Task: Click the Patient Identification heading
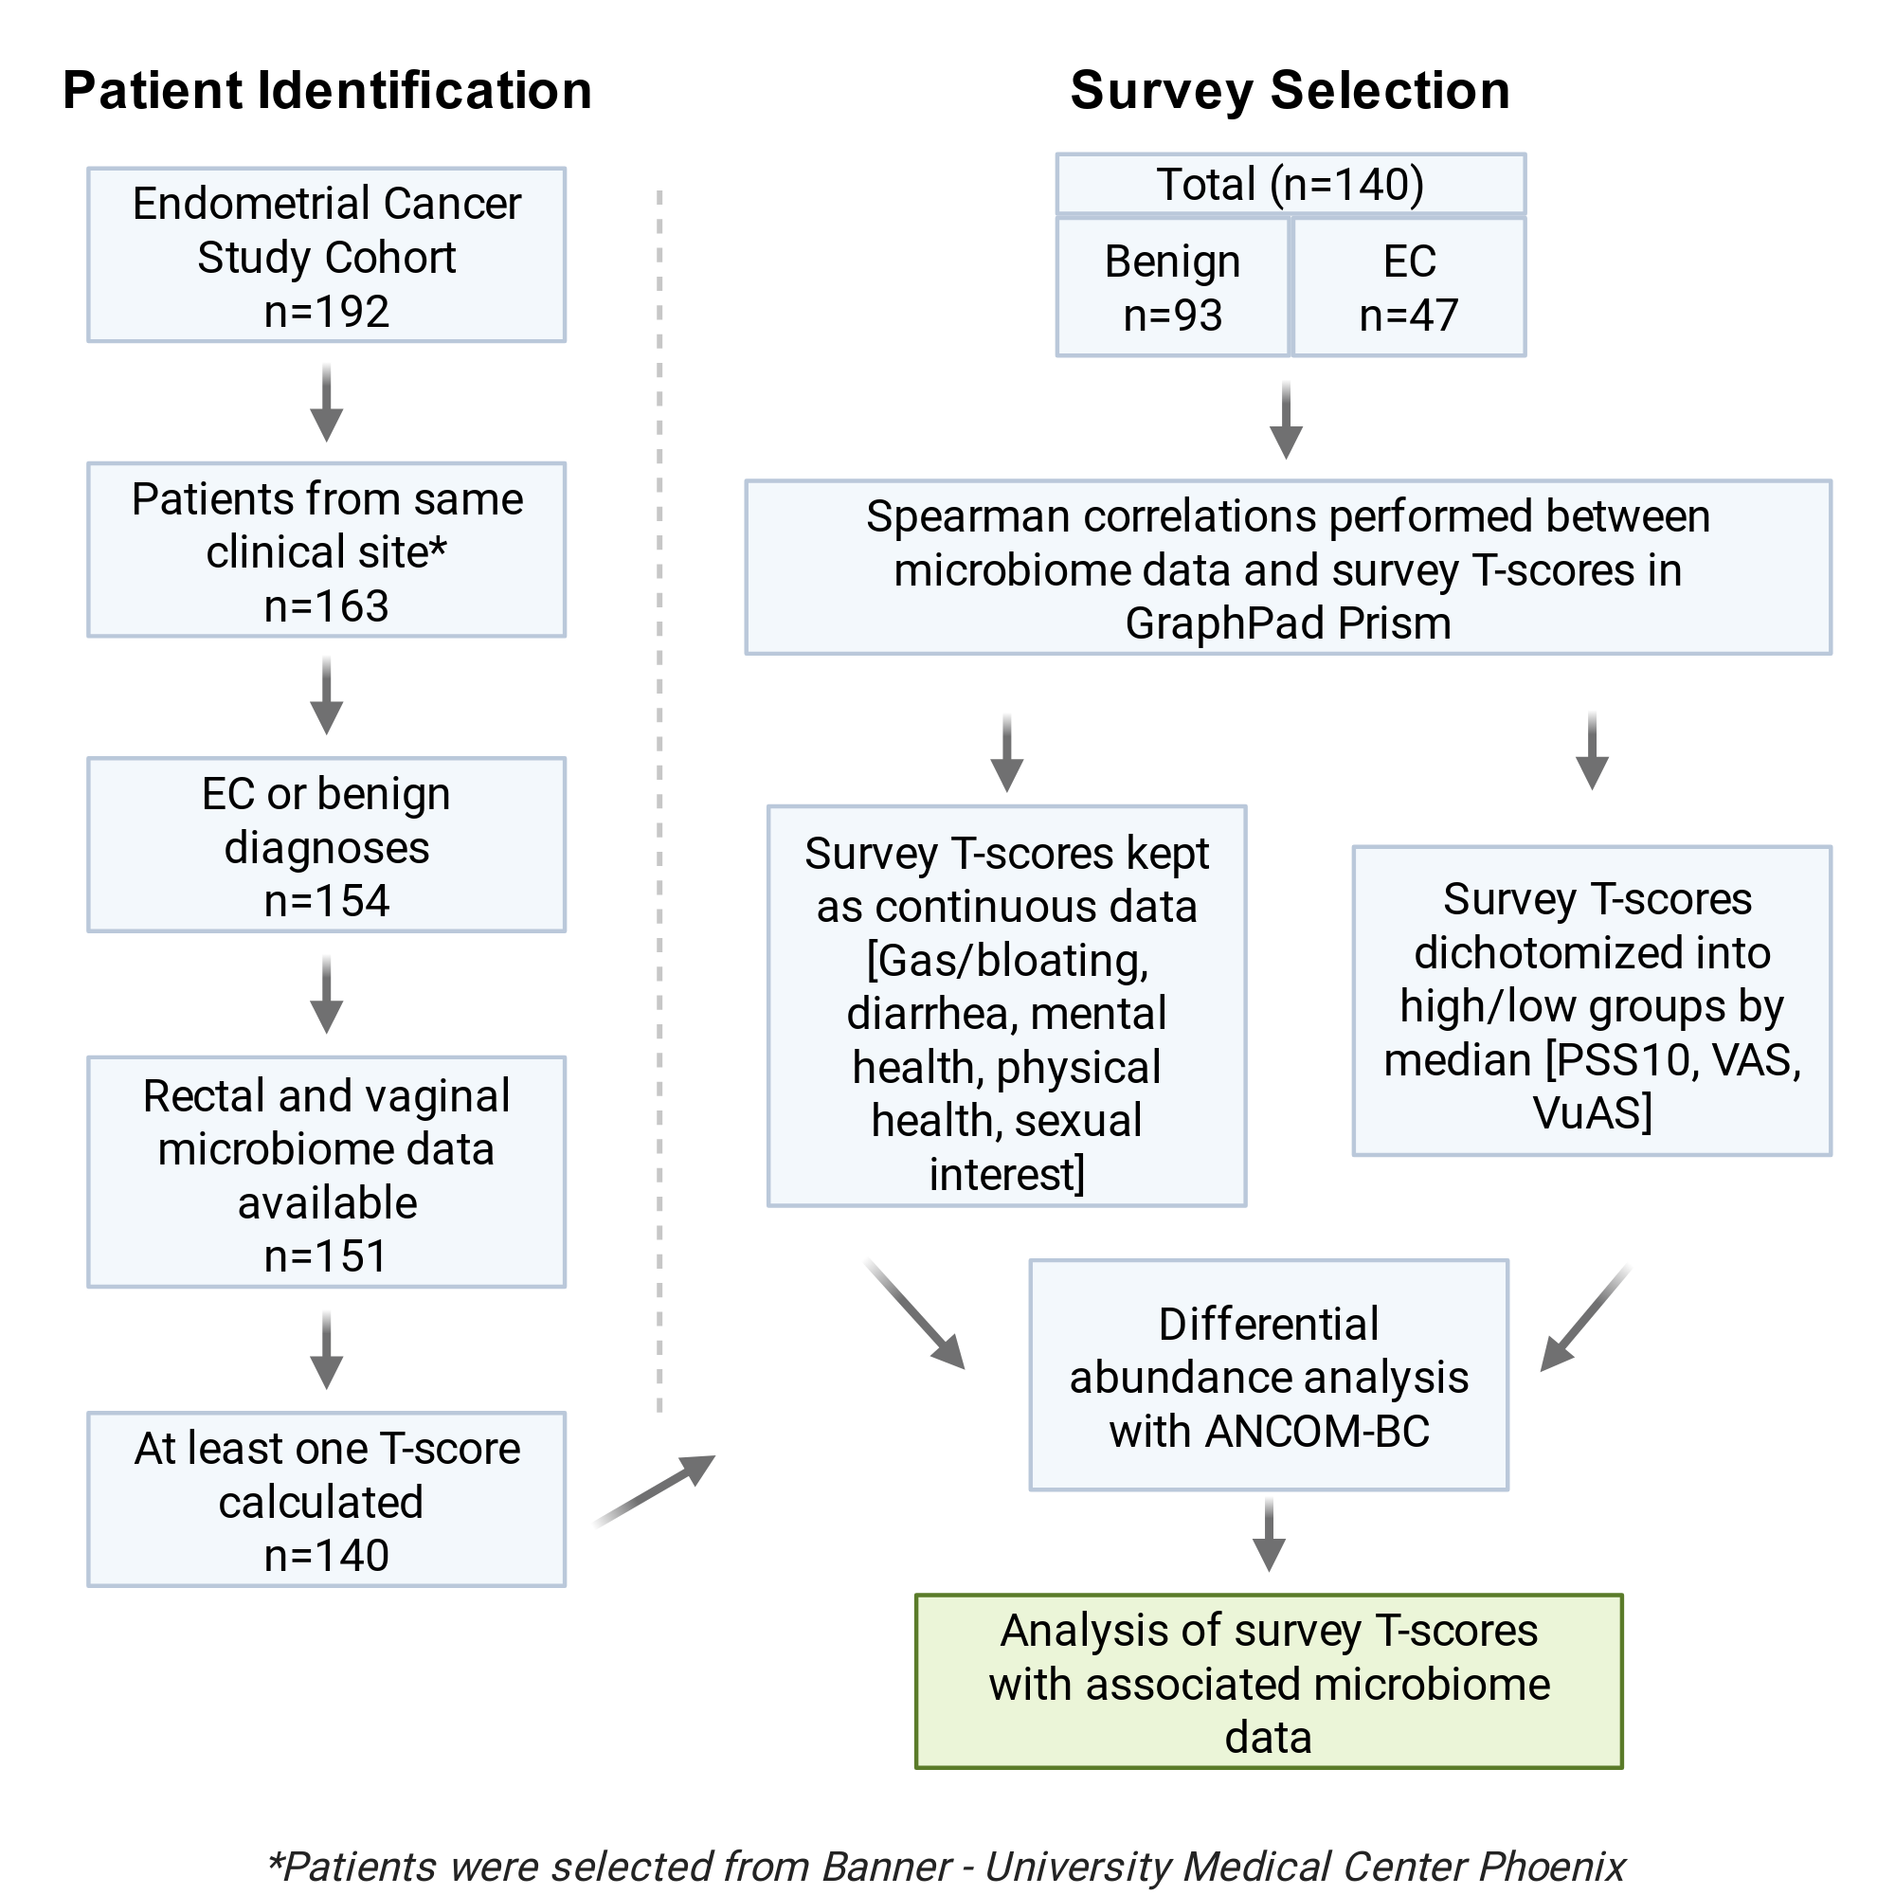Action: pyautogui.click(x=328, y=91)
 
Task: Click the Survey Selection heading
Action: pyautogui.click(x=1290, y=91)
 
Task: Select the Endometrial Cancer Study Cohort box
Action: pyautogui.click(x=327, y=255)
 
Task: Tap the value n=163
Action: pyautogui.click(x=327, y=606)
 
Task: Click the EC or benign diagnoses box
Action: pyautogui.click(x=327, y=844)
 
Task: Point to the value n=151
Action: pyautogui.click(x=327, y=1256)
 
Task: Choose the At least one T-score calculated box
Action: pyautogui.click(x=327, y=1500)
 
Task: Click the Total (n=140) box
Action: pyautogui.click(x=1290, y=184)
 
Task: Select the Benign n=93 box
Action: pyautogui.click(x=1172, y=287)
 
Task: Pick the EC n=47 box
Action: pyautogui.click(x=1410, y=287)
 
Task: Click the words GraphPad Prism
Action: pyautogui.click(x=1288, y=623)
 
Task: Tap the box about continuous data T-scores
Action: pyautogui.click(x=1007, y=1006)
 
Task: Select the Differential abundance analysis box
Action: pyautogui.click(x=1270, y=1375)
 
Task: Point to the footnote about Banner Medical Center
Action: pyautogui.click(x=947, y=1867)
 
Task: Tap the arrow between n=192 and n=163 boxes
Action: pyautogui.click(x=327, y=403)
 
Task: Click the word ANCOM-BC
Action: pyautogui.click(x=1317, y=1431)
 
